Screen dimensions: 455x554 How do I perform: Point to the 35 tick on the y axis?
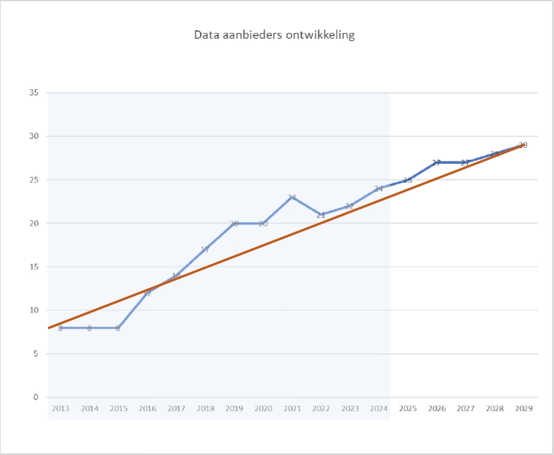coord(33,93)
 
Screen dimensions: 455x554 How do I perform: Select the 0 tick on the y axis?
coord(36,397)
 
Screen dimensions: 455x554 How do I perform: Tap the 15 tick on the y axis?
coord(33,267)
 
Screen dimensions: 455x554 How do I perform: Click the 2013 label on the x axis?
coord(61,409)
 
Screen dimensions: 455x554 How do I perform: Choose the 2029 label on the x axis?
coord(523,409)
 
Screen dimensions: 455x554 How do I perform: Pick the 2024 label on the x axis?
coord(378,409)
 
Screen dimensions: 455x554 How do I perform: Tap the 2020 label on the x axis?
coord(263,409)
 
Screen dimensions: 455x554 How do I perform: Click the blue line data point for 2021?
coord(291,198)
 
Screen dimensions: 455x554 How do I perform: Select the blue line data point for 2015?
coord(118,327)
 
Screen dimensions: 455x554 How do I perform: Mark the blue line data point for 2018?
coord(205,250)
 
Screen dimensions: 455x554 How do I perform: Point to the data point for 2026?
coord(436,163)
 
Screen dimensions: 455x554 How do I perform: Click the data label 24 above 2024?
coord(378,189)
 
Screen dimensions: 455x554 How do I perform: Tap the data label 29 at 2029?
coord(523,146)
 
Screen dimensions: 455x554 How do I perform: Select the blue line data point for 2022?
coord(320,215)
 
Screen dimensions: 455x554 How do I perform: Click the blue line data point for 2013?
coord(61,327)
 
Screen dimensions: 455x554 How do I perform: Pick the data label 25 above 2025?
coord(407,180)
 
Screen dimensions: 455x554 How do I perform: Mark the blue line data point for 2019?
coord(234,223)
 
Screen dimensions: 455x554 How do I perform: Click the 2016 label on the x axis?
coord(147,409)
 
